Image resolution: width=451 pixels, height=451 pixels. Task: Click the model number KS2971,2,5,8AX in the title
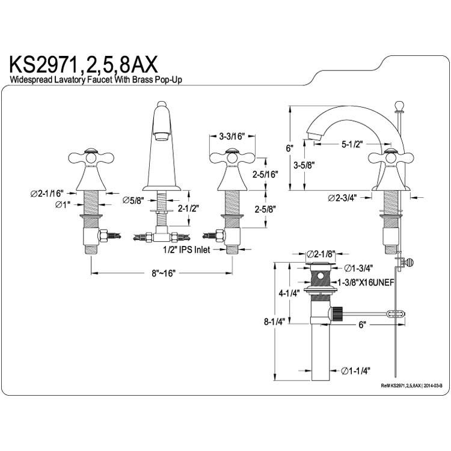pos(84,65)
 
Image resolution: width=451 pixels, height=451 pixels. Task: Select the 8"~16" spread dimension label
pos(164,273)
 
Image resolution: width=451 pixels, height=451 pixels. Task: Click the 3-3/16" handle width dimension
pos(232,136)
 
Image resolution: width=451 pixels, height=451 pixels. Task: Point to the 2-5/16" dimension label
pos(265,174)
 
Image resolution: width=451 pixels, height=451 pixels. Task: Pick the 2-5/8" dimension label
pos(265,209)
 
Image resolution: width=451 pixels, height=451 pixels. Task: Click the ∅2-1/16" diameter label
pos(46,193)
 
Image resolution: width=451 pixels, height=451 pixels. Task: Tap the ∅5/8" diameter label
pos(133,200)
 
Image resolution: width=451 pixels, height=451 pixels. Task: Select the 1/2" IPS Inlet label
pos(187,250)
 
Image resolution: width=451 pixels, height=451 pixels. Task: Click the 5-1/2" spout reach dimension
pos(352,144)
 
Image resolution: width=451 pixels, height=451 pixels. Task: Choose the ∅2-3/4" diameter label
pos(342,198)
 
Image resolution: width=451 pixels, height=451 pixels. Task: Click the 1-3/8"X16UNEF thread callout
pos(366,283)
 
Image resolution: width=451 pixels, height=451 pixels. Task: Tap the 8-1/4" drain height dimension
pos(274,321)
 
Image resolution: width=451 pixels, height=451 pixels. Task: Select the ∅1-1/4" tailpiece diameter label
pos(355,371)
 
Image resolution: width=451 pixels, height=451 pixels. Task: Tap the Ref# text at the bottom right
pos(411,385)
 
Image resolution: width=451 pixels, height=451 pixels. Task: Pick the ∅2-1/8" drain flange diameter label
pos(321,254)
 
